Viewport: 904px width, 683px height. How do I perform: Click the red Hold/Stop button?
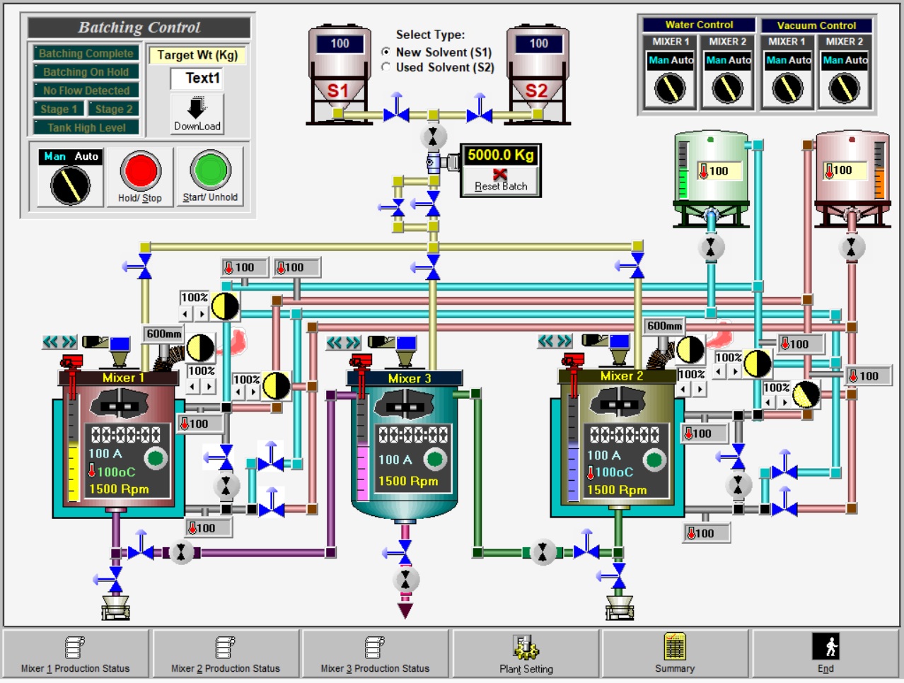[x=141, y=170]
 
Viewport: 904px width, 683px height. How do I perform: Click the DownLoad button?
[x=197, y=114]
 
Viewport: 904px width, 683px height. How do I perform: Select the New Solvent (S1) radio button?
[x=386, y=52]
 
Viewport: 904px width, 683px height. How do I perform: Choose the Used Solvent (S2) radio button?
[x=386, y=66]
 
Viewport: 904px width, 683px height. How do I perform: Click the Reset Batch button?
[x=500, y=180]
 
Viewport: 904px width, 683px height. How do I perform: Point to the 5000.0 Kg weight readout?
[x=500, y=155]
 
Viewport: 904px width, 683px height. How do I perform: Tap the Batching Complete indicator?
[x=86, y=53]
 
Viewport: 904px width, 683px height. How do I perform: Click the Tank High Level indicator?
[x=86, y=127]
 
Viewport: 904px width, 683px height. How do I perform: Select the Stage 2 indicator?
[x=114, y=109]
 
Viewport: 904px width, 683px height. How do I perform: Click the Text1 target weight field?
[x=197, y=78]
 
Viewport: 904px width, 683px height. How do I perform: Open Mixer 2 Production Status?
[x=225, y=654]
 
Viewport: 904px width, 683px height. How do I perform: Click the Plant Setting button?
[x=526, y=654]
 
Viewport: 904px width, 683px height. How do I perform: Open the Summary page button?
[x=675, y=654]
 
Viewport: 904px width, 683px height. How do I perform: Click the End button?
[x=825, y=654]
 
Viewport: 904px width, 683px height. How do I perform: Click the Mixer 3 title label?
[x=409, y=378]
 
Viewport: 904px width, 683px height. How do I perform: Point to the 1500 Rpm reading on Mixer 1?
[x=119, y=489]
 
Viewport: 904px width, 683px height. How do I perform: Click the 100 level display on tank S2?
[x=538, y=44]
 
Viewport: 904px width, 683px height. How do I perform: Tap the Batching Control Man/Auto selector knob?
[x=71, y=185]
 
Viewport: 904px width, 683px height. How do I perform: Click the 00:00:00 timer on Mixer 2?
[x=624, y=435]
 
